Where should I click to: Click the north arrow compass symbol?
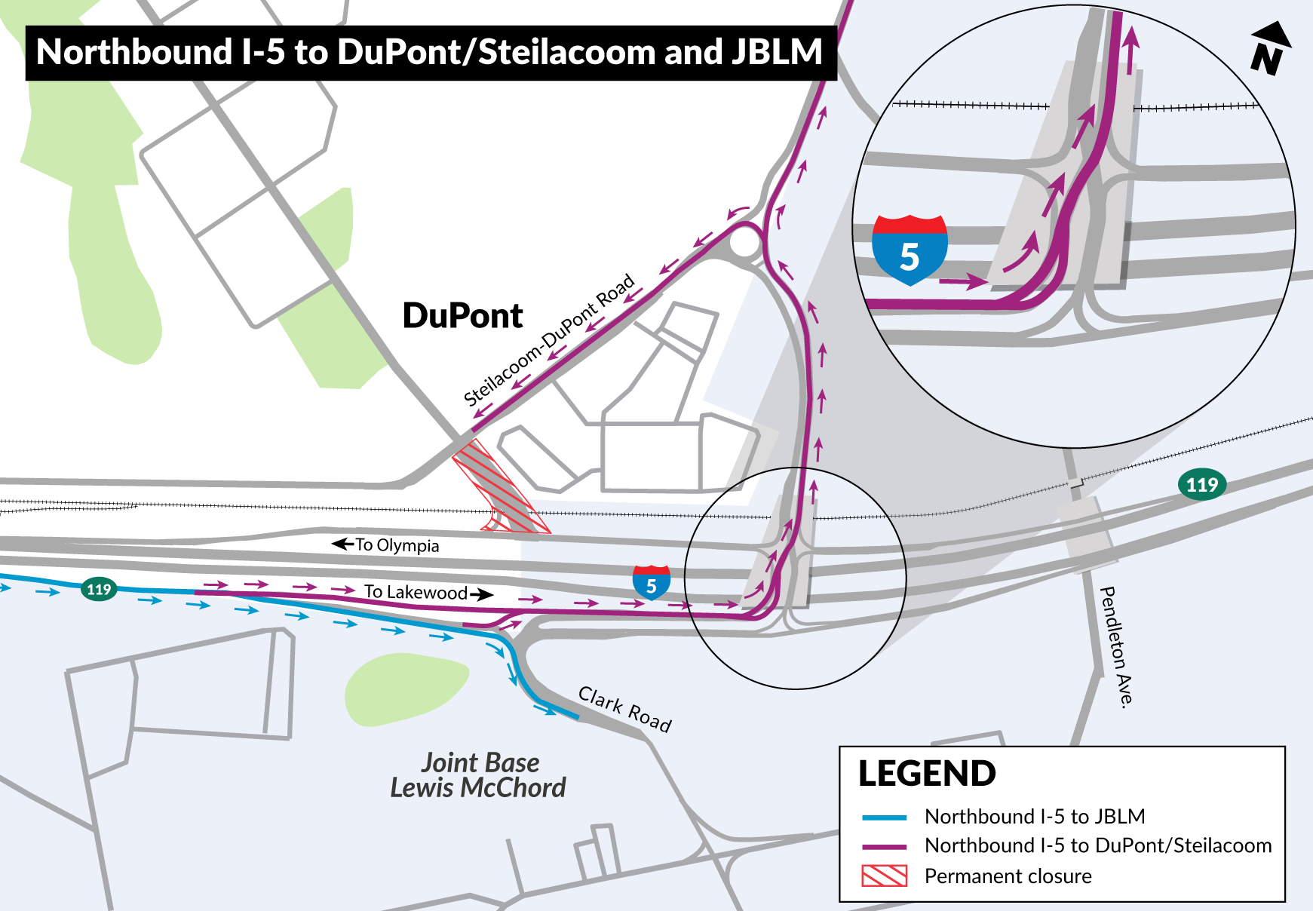pyautogui.click(x=1269, y=48)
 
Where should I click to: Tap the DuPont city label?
pyautogui.click(x=462, y=315)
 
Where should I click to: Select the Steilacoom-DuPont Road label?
pyautogui.click(x=548, y=340)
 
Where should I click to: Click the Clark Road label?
pyautogui.click(x=624, y=709)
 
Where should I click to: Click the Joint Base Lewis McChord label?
pyautogui.click(x=479, y=775)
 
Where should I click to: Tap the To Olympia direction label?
pyautogui.click(x=387, y=544)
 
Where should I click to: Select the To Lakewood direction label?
pyautogui.click(x=427, y=593)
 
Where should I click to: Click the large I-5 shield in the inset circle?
pyautogui.click(x=910, y=250)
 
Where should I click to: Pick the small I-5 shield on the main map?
pyautogui.click(x=652, y=583)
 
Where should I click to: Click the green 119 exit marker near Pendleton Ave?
pyautogui.click(x=1202, y=484)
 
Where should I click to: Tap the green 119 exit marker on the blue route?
pyautogui.click(x=99, y=589)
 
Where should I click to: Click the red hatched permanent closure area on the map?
pyautogui.click(x=501, y=491)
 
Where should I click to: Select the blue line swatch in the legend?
pyautogui.click(x=884, y=817)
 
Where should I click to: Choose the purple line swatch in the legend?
pyautogui.click(x=884, y=846)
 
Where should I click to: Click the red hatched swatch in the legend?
pyautogui.click(x=884, y=876)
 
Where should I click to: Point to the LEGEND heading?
pyautogui.click(x=927, y=774)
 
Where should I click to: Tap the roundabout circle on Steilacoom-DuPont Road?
pyautogui.click(x=744, y=243)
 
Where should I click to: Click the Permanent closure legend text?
pyautogui.click(x=1008, y=876)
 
